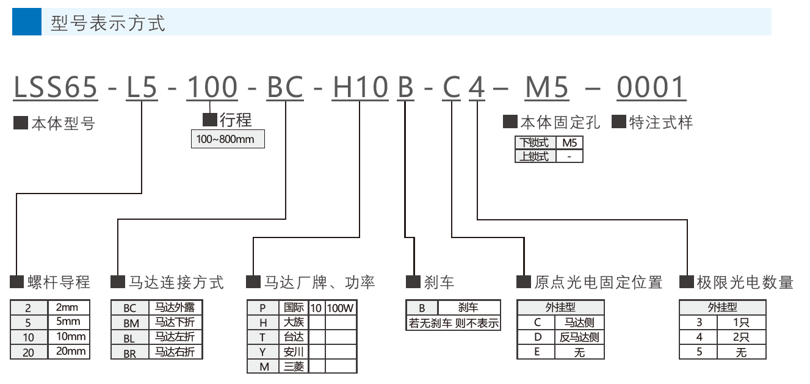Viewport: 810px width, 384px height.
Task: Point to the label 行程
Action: pos(235,120)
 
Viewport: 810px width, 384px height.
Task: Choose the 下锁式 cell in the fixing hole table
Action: pos(534,143)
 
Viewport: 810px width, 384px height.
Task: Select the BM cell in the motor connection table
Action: pos(130,322)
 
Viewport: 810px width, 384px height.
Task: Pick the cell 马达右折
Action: pos(175,352)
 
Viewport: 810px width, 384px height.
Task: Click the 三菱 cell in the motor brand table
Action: pos(294,366)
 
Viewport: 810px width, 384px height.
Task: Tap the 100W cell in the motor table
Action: pos(341,307)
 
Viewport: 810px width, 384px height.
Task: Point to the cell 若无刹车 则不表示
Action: pos(454,323)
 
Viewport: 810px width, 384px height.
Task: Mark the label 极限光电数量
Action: pos(745,282)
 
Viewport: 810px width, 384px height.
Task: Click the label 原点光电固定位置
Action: pos(598,282)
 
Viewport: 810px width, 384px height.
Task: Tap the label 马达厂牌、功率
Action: pos(319,282)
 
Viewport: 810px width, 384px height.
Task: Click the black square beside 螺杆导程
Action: pos(17,282)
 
